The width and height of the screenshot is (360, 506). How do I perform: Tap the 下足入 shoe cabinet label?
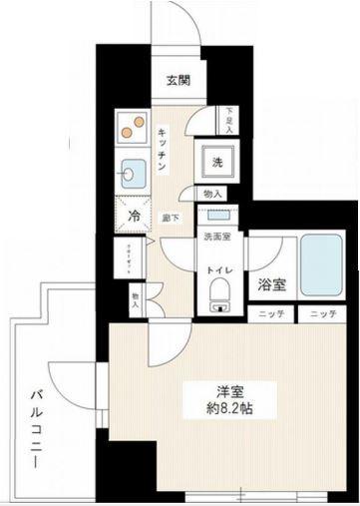pyautogui.click(x=228, y=120)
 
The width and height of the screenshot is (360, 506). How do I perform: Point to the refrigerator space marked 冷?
pyautogui.click(x=134, y=216)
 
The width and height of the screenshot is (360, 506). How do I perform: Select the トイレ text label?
pyautogui.click(x=218, y=270)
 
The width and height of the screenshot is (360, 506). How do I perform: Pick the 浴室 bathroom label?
pyautogui.click(x=269, y=283)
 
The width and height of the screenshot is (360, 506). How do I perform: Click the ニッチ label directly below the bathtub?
pyautogui.click(x=320, y=315)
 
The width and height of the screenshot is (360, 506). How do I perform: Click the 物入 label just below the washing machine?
pyautogui.click(x=213, y=196)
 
